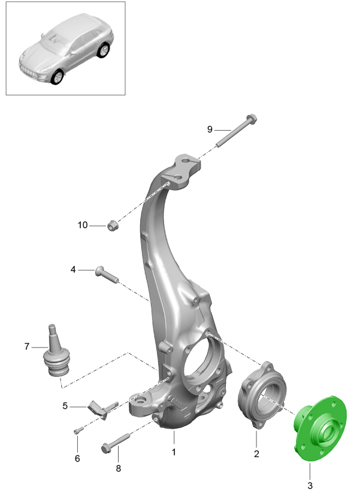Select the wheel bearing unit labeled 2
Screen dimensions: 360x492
[262, 395]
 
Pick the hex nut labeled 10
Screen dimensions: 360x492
[113, 225]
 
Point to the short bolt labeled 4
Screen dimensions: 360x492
[107, 274]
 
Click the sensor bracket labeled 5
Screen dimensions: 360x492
[102, 409]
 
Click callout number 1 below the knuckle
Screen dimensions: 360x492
[174, 452]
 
